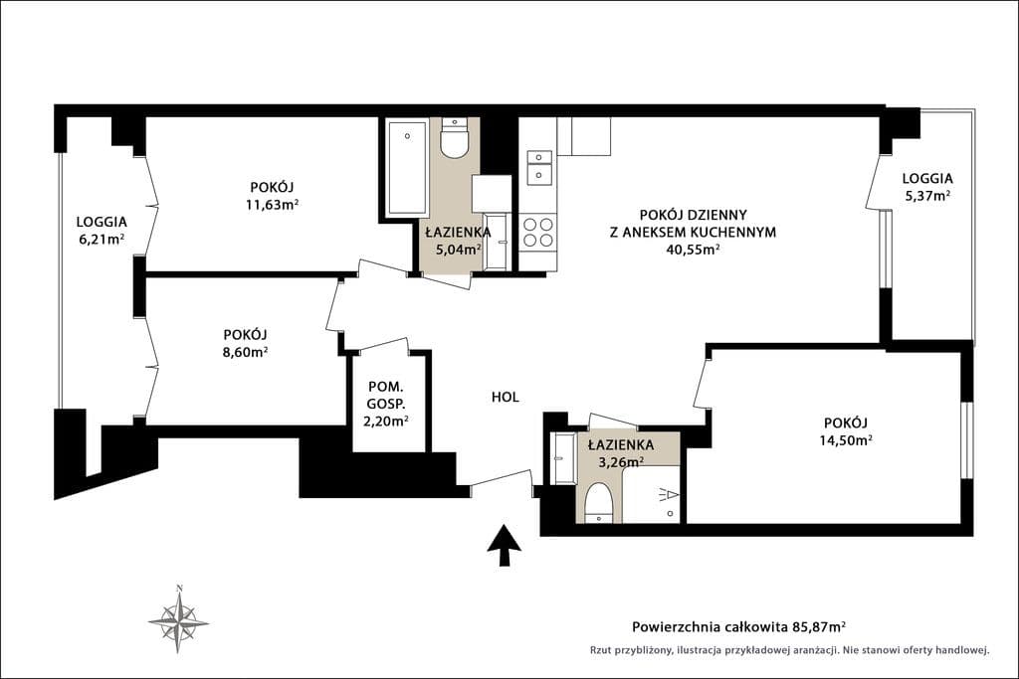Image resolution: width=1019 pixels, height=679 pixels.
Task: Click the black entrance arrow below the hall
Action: [505, 546]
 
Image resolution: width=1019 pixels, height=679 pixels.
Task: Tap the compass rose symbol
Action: [179, 620]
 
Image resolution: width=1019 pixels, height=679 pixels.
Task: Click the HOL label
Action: [505, 397]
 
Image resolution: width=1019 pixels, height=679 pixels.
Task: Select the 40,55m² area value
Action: [693, 250]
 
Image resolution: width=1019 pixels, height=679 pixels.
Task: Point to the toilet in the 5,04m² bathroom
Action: [454, 137]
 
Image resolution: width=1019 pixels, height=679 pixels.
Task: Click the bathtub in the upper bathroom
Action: [407, 168]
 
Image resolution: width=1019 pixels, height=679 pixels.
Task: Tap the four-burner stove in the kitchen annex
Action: [538, 233]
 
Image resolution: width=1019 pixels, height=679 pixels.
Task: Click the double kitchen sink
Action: [539, 166]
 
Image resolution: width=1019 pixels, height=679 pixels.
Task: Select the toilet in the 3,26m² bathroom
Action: [598, 503]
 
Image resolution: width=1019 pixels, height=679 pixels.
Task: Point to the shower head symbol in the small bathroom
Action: [669, 495]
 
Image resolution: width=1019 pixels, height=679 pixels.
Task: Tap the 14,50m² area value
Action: [846, 440]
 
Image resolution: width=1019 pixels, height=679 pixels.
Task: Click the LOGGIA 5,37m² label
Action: [927, 186]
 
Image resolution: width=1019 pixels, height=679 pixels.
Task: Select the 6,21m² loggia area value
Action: [102, 239]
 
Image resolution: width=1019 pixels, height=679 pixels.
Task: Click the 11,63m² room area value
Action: [272, 205]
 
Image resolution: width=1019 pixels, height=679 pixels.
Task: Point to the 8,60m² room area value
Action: [245, 352]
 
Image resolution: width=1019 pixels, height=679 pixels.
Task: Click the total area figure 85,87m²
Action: [819, 626]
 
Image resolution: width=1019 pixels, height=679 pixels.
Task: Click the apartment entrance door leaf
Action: [502, 477]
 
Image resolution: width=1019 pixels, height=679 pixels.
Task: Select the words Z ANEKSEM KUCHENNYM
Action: [693, 232]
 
